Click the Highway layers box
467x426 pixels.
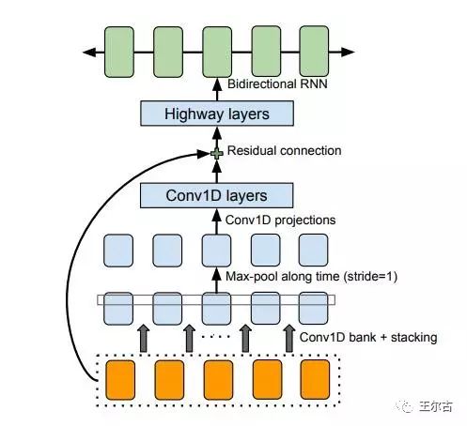click(217, 114)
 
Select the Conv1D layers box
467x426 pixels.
click(217, 195)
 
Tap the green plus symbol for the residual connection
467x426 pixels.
click(217, 153)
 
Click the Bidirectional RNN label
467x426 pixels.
click(277, 84)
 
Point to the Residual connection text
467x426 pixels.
click(284, 150)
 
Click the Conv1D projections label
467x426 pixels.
click(280, 220)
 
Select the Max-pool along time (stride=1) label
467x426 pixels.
click(311, 277)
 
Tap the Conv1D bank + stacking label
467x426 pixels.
click(368, 337)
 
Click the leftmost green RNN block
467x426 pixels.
click(119, 52)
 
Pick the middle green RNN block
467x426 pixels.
click(217, 52)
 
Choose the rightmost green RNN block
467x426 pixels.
click(314, 52)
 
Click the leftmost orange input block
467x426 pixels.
click(120, 380)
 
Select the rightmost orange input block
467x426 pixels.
click(315, 380)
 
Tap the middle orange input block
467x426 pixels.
click(218, 380)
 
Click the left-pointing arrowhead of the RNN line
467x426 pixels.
click(89, 52)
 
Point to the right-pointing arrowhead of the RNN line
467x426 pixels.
click(348, 52)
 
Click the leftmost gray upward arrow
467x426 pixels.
click(144, 339)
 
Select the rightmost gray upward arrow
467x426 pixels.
click(289, 339)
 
